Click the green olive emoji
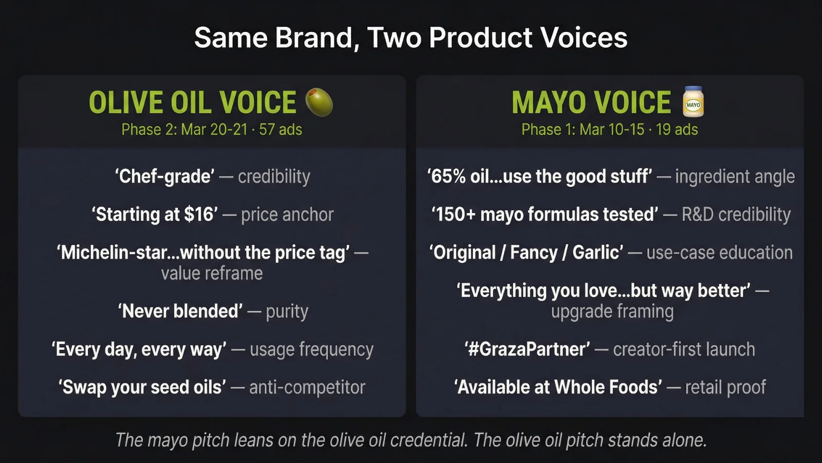[x=319, y=102]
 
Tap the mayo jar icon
[x=693, y=102]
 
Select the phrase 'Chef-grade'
[x=164, y=176]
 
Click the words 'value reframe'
[x=212, y=273]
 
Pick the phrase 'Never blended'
[x=180, y=311]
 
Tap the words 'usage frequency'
[x=311, y=349]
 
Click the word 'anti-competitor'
[x=307, y=387]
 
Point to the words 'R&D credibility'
[x=736, y=215]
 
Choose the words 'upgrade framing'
[x=612, y=311]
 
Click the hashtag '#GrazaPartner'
[x=528, y=349]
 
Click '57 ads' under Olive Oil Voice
[x=281, y=130]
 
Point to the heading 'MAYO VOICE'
[x=591, y=102]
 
